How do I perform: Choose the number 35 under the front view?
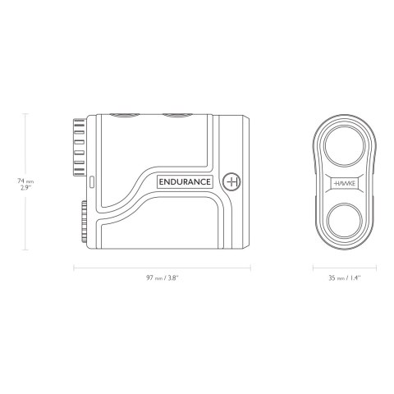point(330,278)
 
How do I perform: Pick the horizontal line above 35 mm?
point(344,266)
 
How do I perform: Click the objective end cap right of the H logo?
point(245,181)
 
